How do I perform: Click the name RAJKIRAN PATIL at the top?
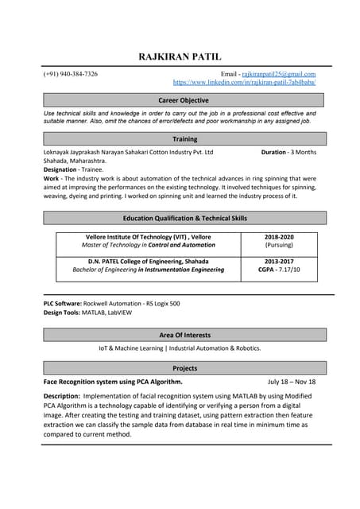point(180,56)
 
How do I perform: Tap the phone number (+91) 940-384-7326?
point(71,74)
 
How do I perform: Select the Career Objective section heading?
point(184,100)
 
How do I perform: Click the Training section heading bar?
point(184,139)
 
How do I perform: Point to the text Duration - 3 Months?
point(288,152)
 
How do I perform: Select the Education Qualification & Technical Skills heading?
point(184,218)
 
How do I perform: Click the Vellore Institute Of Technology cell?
point(149,241)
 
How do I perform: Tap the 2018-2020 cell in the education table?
point(279,237)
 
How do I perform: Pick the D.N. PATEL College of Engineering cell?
point(149,266)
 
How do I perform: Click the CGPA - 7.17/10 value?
point(279,270)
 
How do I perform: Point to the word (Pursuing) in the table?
point(279,246)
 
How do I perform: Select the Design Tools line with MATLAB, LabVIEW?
point(88,313)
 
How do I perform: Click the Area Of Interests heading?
point(184,335)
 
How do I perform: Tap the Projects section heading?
point(184,368)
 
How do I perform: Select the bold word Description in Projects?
point(61,395)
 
